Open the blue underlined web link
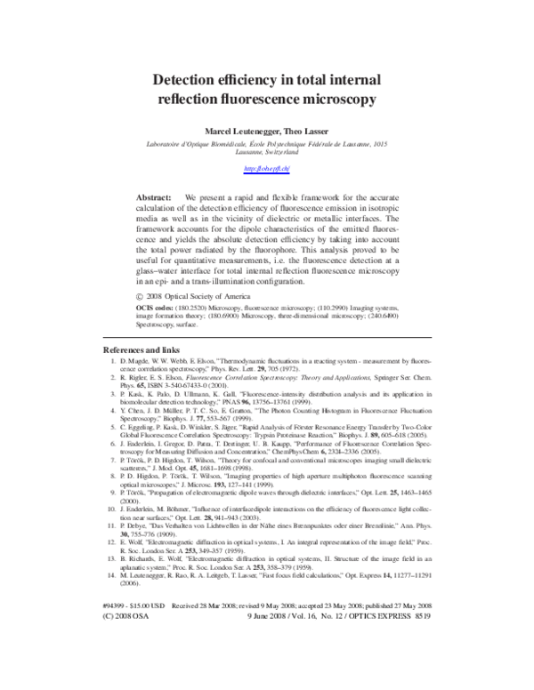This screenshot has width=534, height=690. (267, 168)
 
